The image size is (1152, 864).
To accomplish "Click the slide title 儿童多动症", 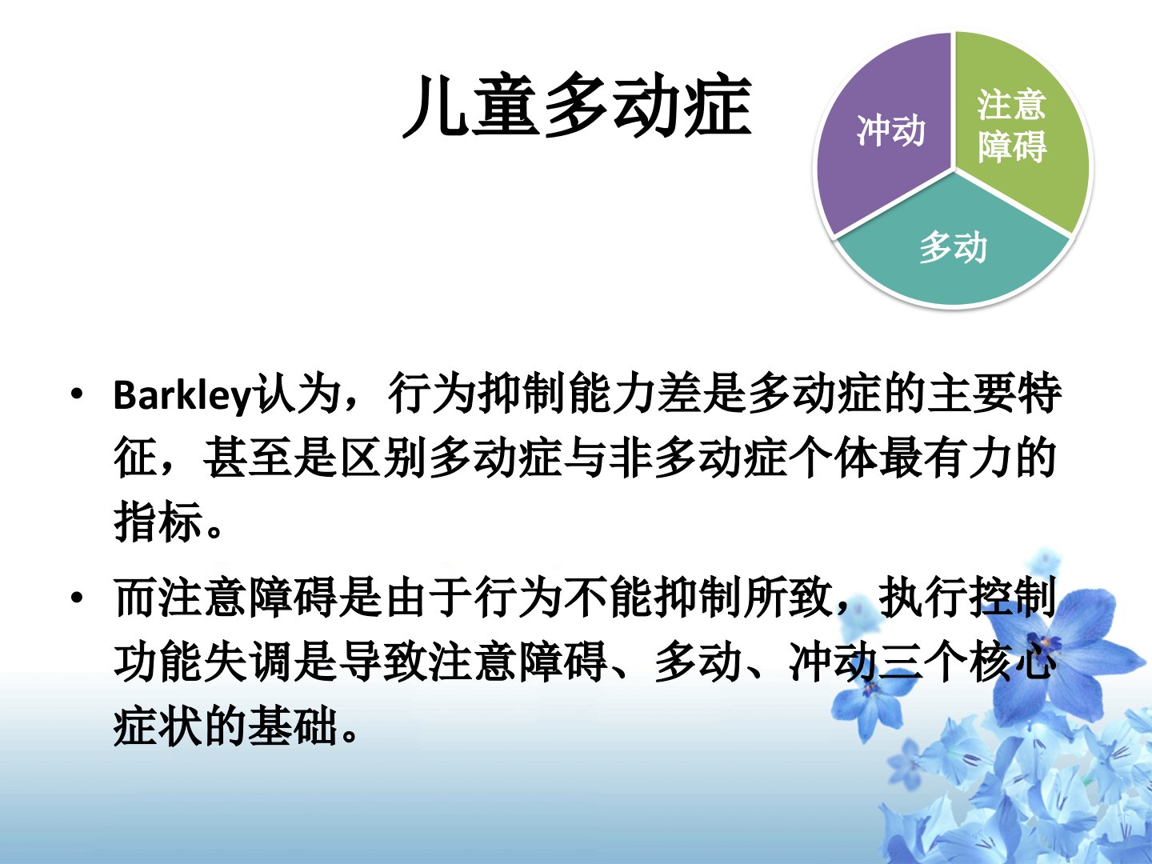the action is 578,106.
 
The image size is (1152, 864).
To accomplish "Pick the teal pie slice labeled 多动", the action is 953,246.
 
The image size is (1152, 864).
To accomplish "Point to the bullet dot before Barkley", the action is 77,394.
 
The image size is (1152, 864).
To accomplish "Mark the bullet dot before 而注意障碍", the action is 77,598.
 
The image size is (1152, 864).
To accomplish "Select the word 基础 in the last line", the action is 293,725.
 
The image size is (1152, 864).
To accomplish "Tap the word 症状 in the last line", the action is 158,725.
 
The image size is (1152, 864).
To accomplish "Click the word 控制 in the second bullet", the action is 1012,598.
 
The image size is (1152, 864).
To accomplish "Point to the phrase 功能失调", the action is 203,661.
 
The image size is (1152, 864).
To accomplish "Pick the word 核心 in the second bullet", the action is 1012,661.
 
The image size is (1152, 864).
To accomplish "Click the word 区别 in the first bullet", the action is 382,458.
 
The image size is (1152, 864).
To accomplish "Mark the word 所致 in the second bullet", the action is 789,598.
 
